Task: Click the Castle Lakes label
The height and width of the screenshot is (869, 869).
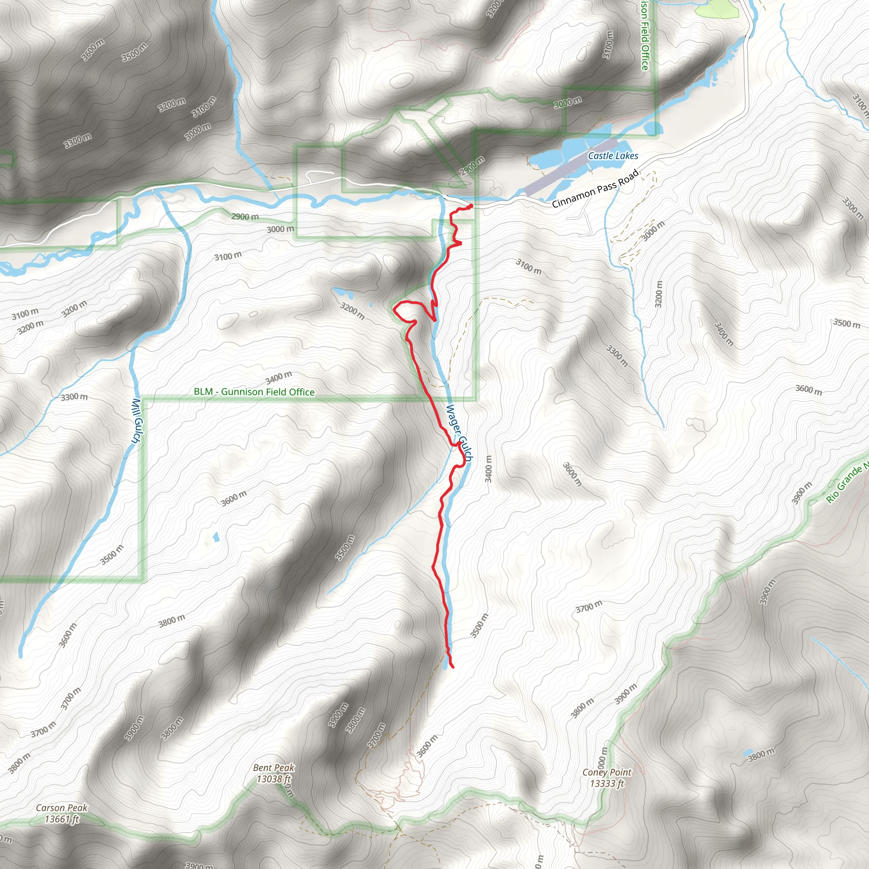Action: point(613,156)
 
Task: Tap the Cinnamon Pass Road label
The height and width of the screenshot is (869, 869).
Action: point(594,188)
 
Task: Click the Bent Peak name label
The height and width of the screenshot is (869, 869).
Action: point(274,767)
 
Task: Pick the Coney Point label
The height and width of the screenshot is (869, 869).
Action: point(607,772)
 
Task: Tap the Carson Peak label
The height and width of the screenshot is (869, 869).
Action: point(62,808)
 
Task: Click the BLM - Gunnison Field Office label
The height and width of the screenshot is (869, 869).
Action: point(254,392)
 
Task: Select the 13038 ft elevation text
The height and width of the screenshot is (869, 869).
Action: point(274,779)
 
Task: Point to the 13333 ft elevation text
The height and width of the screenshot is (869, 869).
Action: point(607,783)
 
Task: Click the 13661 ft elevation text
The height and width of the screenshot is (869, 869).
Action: point(62,819)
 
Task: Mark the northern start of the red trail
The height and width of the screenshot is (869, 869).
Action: point(471,206)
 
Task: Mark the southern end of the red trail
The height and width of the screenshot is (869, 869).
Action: point(452,667)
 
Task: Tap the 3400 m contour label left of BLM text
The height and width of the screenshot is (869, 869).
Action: point(279,377)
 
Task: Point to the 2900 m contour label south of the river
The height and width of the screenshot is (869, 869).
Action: point(245,216)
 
